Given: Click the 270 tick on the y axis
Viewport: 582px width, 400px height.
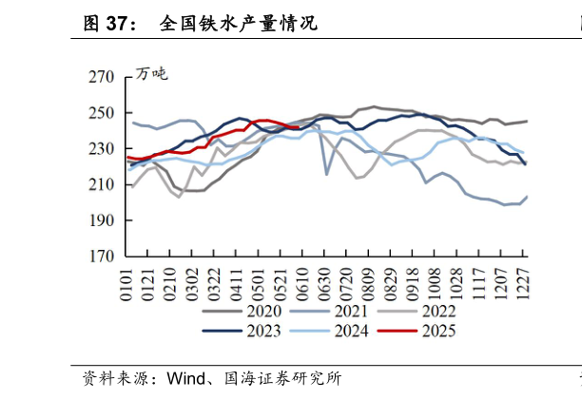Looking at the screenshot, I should tap(101, 77).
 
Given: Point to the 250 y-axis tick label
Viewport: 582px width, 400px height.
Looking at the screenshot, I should tap(101, 113).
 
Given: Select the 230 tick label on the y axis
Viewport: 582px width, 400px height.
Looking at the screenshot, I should tap(101, 149).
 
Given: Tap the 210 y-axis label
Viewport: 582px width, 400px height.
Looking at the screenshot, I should tap(101, 185).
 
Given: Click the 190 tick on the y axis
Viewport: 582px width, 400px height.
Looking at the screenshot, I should tap(101, 220).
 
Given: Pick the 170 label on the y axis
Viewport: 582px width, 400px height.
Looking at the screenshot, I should tap(101, 257).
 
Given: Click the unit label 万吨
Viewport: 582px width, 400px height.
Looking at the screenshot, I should tap(150, 74).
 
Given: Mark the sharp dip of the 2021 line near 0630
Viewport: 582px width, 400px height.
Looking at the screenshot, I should tap(327, 175).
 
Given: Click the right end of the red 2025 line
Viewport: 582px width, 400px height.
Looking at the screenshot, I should tap(311, 127).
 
